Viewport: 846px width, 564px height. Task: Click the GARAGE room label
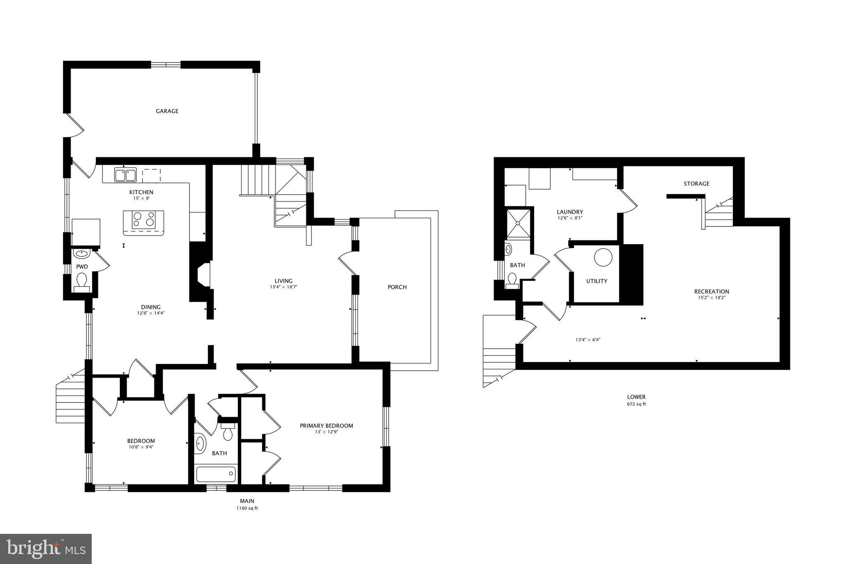[167, 111]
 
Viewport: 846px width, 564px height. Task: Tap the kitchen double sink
[126, 175]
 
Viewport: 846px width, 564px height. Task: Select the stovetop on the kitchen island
[143, 219]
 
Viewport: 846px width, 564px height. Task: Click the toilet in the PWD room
[82, 281]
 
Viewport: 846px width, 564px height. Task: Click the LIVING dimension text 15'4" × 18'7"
[283, 287]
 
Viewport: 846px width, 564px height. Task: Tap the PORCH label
[397, 287]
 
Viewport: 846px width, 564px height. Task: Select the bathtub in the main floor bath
[216, 474]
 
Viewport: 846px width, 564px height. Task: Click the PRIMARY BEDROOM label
[326, 426]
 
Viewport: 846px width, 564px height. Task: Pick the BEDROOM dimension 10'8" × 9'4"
[141, 447]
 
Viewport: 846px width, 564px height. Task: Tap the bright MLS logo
[46, 548]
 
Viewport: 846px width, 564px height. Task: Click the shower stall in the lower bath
[518, 223]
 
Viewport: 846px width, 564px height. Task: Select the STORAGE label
[696, 183]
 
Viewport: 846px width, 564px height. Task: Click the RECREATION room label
[711, 291]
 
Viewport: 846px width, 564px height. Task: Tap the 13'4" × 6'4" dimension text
[587, 340]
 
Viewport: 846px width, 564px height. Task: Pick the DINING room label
[150, 307]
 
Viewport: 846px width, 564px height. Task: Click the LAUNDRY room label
[570, 212]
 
